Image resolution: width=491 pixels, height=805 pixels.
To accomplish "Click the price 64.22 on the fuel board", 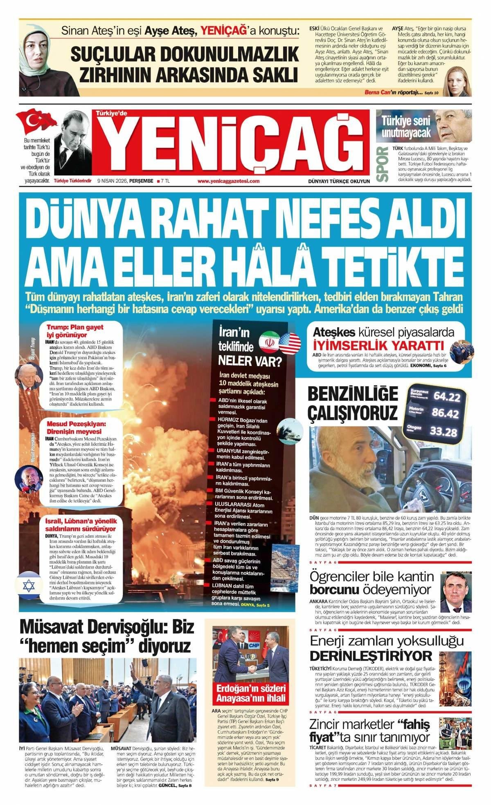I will point(446,396).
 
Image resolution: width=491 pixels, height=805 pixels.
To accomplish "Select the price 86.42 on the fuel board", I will point(445,413).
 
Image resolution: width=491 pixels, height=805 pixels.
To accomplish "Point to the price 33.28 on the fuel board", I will point(443,432).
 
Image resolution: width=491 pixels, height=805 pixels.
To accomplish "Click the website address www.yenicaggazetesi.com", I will point(228,181).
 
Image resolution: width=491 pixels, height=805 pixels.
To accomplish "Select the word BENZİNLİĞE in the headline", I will point(352,394).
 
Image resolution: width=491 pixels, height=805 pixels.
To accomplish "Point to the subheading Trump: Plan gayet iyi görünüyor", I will point(74,331).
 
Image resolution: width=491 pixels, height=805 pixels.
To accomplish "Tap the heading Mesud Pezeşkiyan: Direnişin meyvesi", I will point(76,428).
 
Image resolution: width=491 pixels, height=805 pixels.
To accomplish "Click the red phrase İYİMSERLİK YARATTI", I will point(378,343).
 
